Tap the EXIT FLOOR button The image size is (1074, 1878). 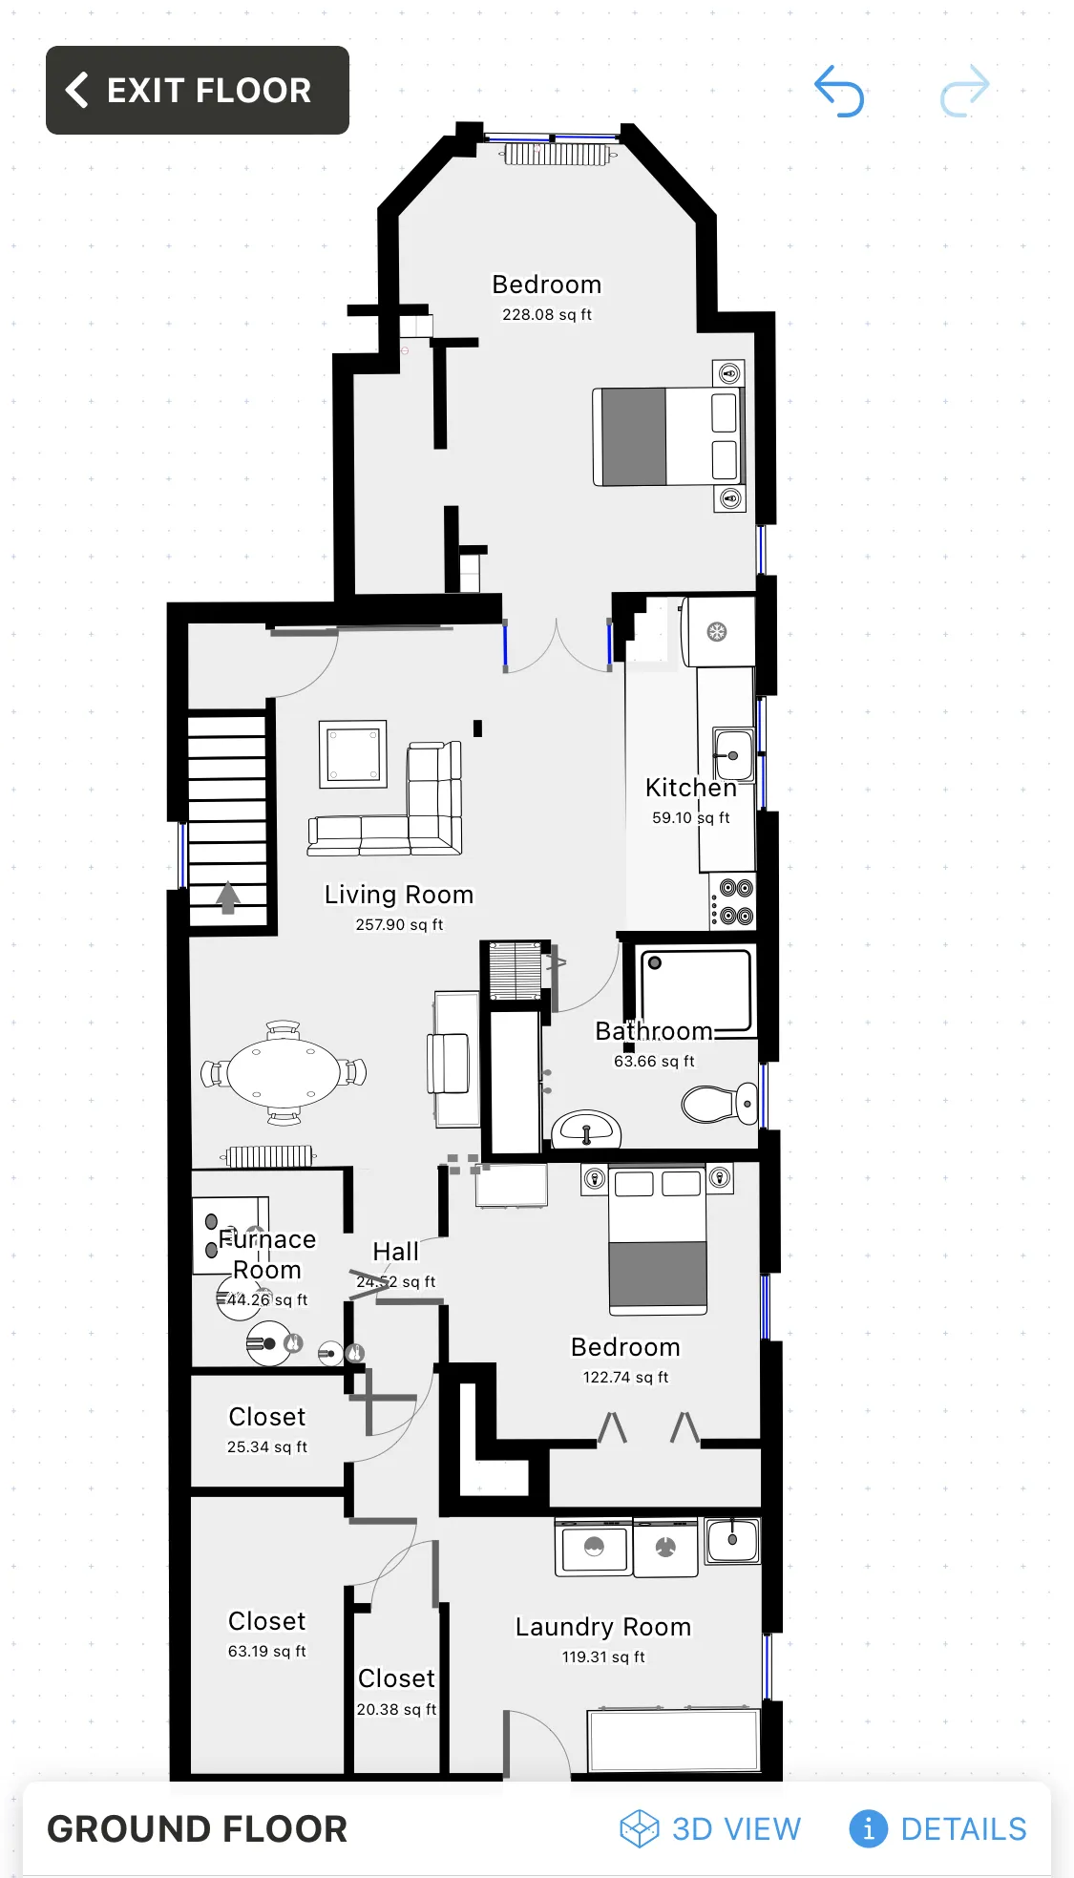197,91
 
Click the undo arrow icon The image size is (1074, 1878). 839,92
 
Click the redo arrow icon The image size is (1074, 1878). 964,92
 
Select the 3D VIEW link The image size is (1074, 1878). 710,1828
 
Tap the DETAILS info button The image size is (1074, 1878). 937,1828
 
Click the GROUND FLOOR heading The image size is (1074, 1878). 198,1828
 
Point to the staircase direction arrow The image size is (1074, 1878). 227,897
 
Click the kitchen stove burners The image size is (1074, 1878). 735,902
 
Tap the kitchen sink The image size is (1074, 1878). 733,755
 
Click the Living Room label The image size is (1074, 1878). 399,895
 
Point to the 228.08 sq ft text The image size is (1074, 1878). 547,314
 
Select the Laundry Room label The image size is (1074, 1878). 603,1627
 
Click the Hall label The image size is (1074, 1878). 395,1251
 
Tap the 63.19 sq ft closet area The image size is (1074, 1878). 266,1651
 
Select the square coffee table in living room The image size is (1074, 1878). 352,753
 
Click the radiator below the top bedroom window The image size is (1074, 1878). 556,154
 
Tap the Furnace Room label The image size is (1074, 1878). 267,1254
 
